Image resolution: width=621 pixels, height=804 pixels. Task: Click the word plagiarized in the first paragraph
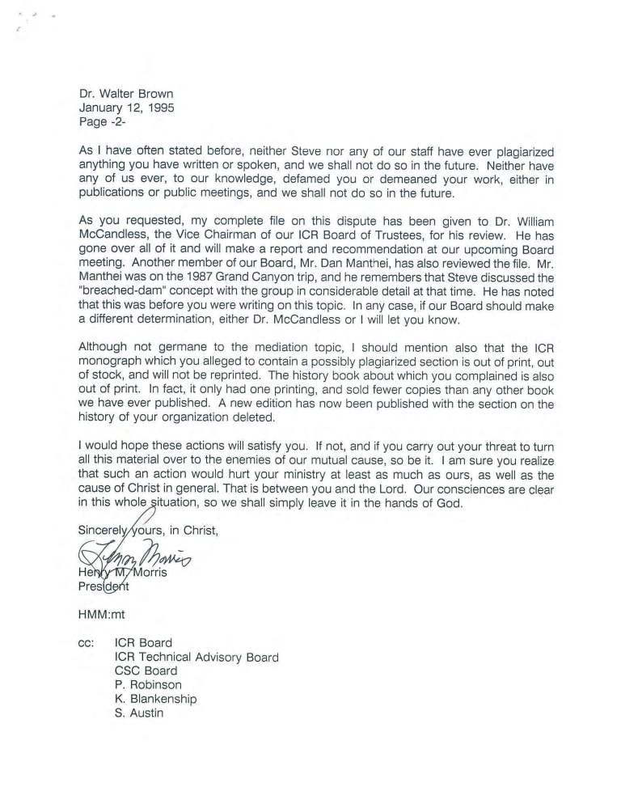click(522, 151)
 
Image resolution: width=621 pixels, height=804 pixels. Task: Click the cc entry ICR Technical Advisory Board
click(196, 657)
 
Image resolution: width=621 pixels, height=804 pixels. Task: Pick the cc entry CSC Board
click(146, 671)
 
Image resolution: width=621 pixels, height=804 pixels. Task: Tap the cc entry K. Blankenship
click(156, 699)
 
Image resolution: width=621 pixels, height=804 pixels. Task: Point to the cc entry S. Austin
click(139, 713)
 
